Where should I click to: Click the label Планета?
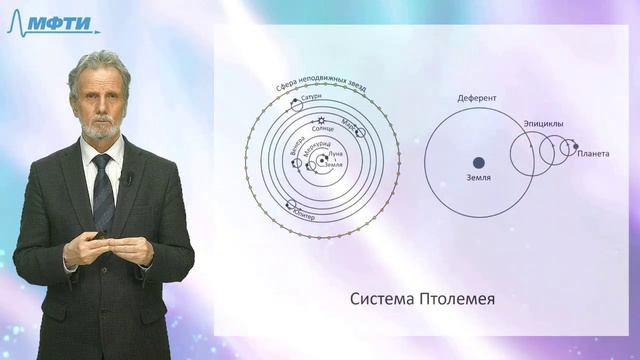[x=592, y=153]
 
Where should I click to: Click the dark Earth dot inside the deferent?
[x=478, y=162]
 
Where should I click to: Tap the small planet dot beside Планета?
[x=573, y=149]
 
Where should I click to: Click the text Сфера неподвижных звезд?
[x=321, y=87]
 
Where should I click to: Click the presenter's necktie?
[x=103, y=190]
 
